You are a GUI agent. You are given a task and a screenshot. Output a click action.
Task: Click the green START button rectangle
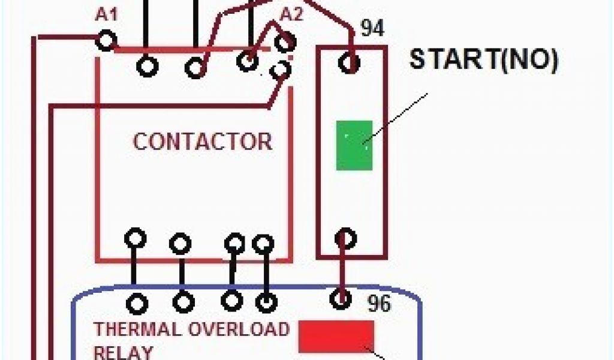coord(354,145)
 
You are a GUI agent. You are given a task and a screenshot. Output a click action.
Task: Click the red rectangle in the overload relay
coord(336,336)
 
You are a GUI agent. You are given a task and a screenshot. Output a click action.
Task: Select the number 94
coord(372,28)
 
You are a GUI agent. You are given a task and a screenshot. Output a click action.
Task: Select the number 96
coord(378,304)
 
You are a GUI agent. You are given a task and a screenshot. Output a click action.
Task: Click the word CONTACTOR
coord(203,142)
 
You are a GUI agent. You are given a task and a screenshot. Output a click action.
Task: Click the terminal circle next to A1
coord(106,41)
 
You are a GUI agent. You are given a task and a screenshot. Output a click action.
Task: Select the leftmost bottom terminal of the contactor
coord(135,238)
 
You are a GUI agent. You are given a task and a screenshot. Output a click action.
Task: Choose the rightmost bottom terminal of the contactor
coord(263,243)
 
